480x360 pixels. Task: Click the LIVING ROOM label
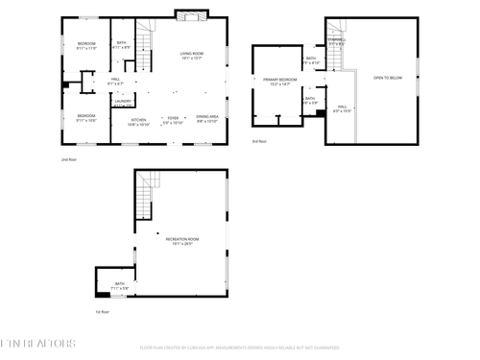(192, 55)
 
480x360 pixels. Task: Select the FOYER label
(173, 120)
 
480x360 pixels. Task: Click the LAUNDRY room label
(123, 102)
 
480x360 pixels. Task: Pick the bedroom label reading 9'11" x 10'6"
(86, 118)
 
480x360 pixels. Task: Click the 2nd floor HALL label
(115, 82)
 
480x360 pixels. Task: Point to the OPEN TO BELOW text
(388, 77)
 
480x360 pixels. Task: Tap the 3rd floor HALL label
(341, 108)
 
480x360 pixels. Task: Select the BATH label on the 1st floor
(120, 285)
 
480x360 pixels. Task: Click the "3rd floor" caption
(259, 141)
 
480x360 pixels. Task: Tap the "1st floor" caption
(101, 311)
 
